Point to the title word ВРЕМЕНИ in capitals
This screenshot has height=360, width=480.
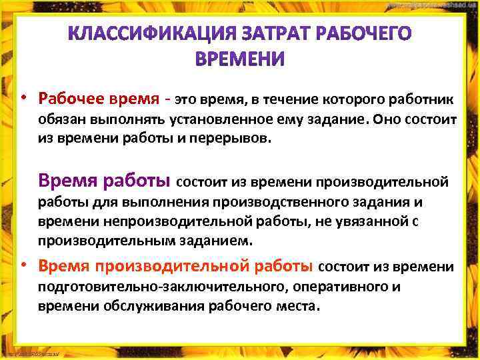(x=240, y=61)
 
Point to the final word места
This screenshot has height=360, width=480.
(x=300, y=306)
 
